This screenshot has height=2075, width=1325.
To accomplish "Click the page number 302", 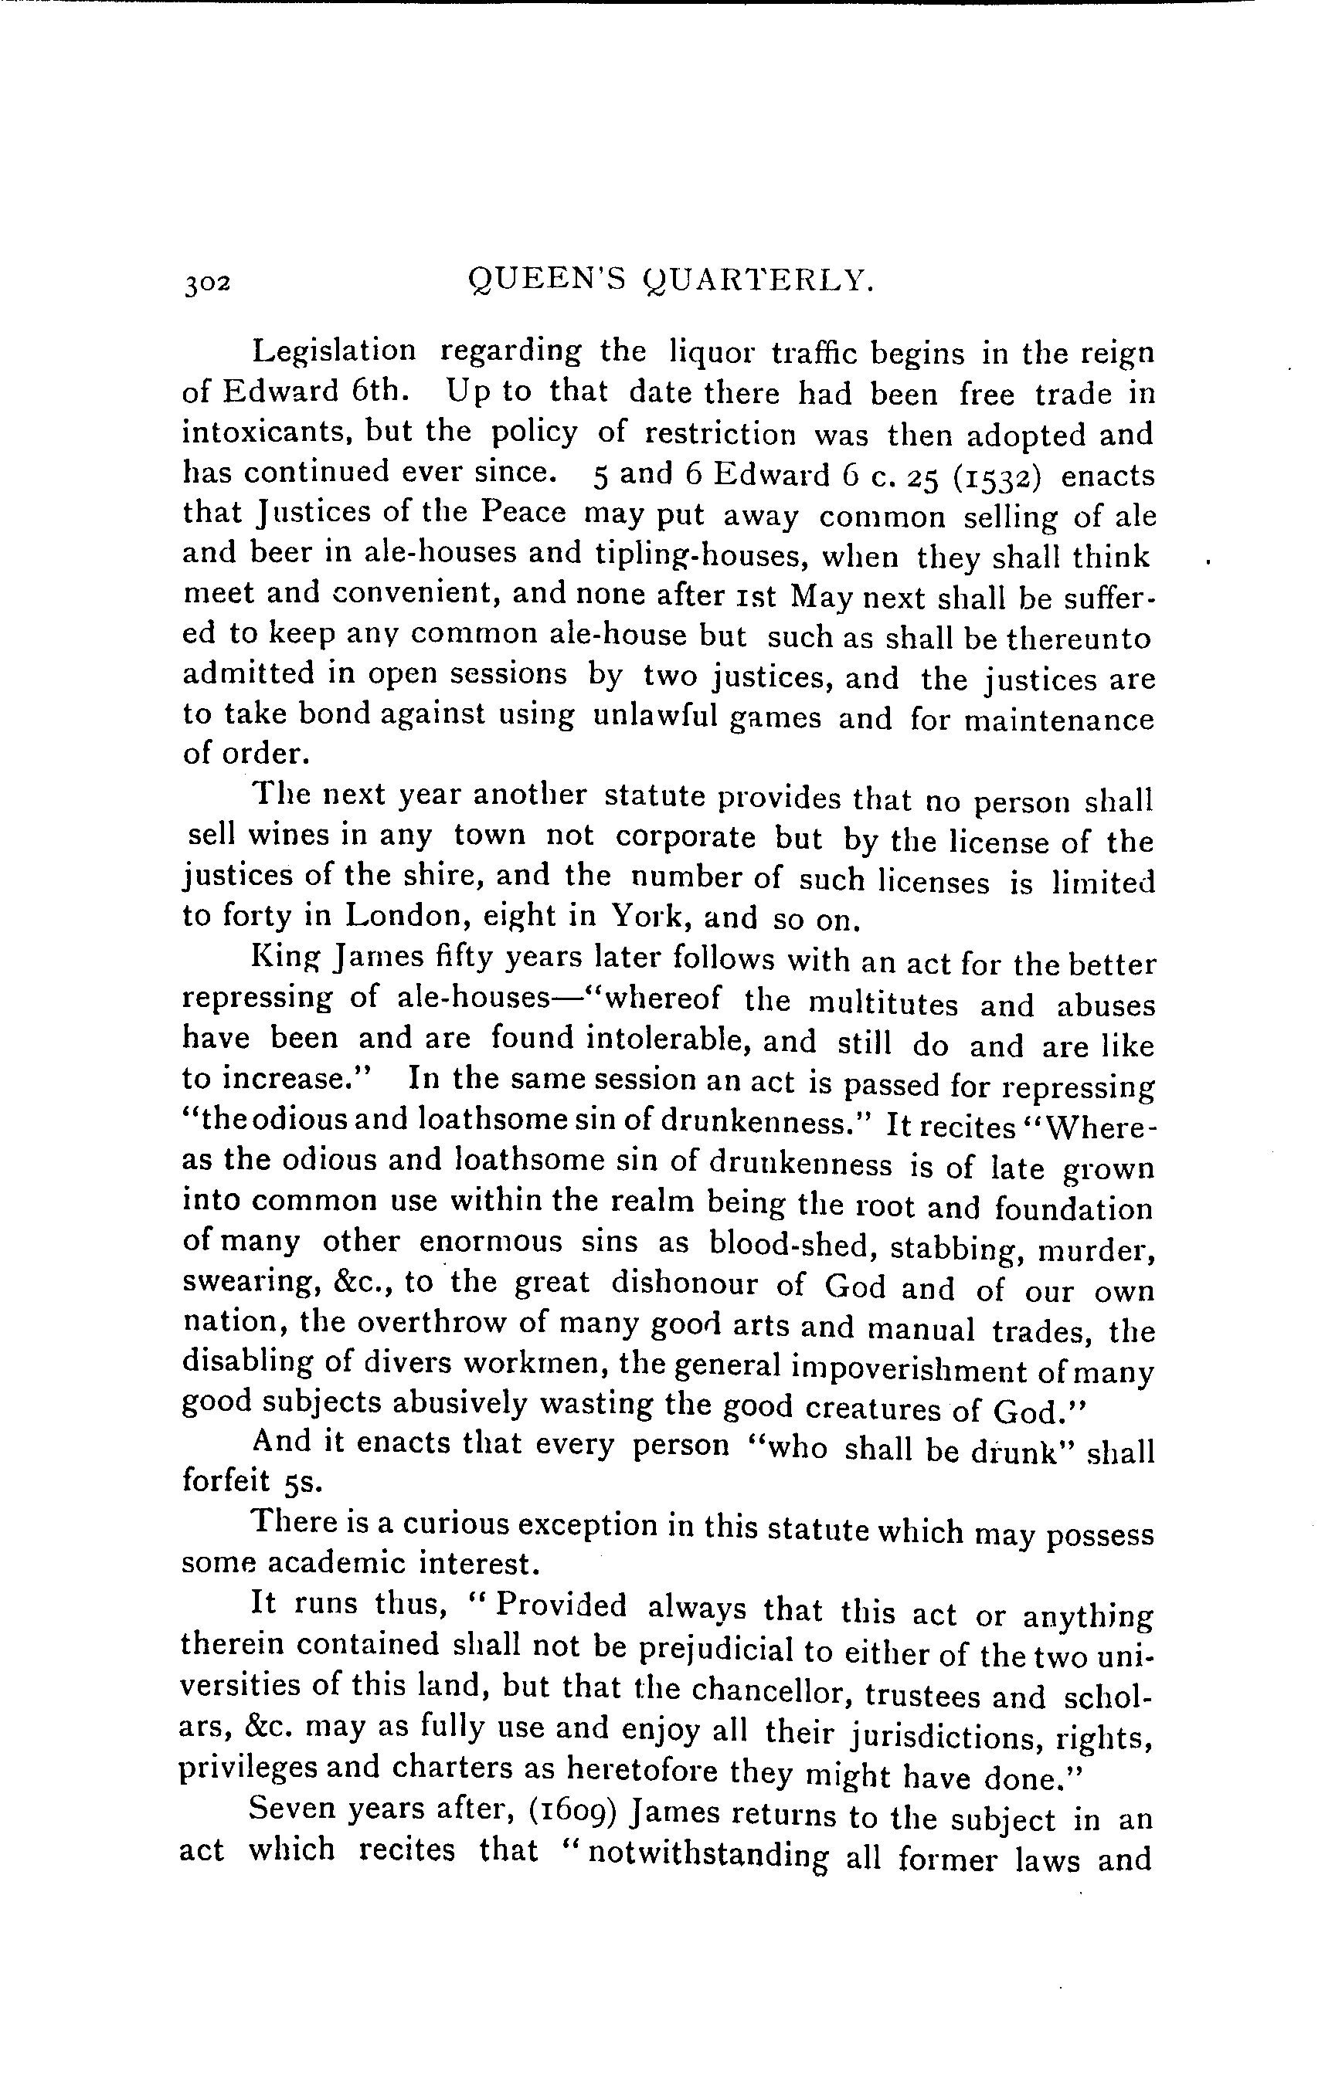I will tap(207, 283).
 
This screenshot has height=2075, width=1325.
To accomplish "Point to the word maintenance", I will tap(1058, 720).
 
